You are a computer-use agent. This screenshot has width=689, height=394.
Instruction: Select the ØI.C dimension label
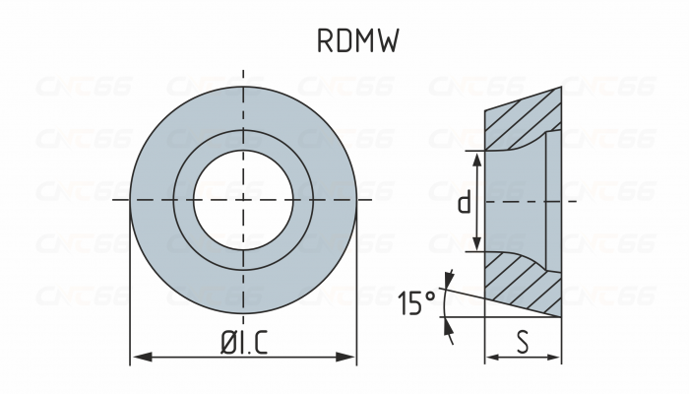(x=243, y=341)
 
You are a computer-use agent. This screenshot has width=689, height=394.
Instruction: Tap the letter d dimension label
(x=463, y=202)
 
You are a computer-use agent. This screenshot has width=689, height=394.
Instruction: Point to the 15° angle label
(x=418, y=303)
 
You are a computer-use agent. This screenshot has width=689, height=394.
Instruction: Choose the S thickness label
(x=523, y=341)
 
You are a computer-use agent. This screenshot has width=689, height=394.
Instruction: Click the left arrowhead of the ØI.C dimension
(x=139, y=356)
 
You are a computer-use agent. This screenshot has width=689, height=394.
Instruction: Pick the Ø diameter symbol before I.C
(x=225, y=341)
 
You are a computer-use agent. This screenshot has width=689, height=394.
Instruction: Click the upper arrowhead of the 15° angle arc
(x=449, y=278)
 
